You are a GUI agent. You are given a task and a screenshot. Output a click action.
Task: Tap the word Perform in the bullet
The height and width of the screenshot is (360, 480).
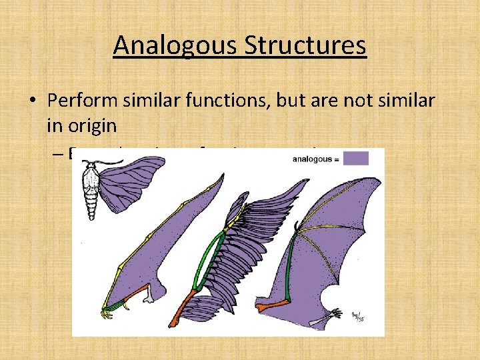pos(83,101)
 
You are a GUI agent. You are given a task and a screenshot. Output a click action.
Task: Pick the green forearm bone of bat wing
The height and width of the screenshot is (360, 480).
pos(287,273)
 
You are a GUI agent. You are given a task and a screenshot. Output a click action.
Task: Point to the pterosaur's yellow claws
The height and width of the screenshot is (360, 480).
pos(107,311)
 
